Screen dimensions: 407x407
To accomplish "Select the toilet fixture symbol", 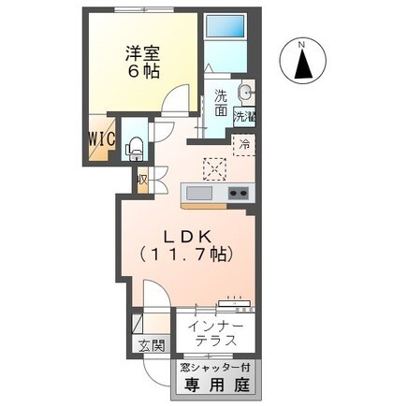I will point(134,143).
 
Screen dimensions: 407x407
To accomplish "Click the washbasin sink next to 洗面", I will point(245,94).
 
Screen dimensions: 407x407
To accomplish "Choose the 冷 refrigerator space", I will point(243,146).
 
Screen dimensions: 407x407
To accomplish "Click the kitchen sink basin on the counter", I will point(198,194).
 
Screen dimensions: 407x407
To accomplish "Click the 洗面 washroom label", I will point(220,102).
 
